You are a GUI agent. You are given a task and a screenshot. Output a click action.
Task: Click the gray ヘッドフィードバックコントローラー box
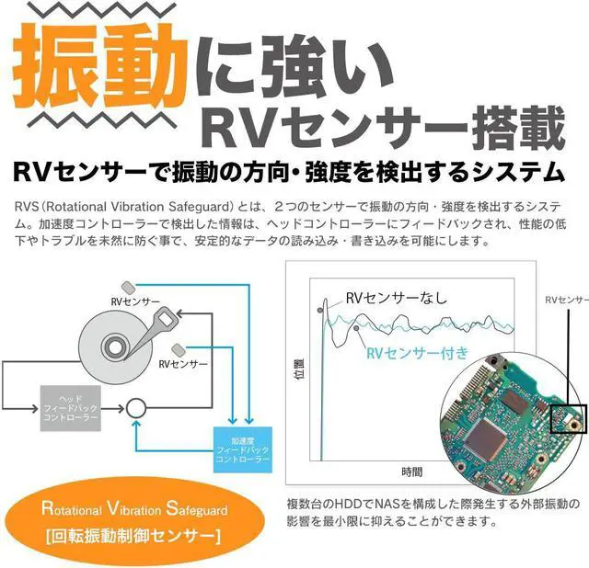[x=72, y=403]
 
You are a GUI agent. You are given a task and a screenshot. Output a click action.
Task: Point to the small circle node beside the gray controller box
[x=136, y=405]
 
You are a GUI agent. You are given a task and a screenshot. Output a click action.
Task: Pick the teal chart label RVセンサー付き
[x=418, y=352]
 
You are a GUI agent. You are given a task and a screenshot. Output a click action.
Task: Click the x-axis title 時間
[x=412, y=471]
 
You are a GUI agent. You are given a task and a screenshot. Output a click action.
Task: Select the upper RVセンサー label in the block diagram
[x=135, y=301]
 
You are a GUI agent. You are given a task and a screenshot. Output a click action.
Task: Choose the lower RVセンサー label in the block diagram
[x=183, y=364]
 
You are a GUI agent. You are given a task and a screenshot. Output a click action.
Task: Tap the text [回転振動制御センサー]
[x=133, y=536]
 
